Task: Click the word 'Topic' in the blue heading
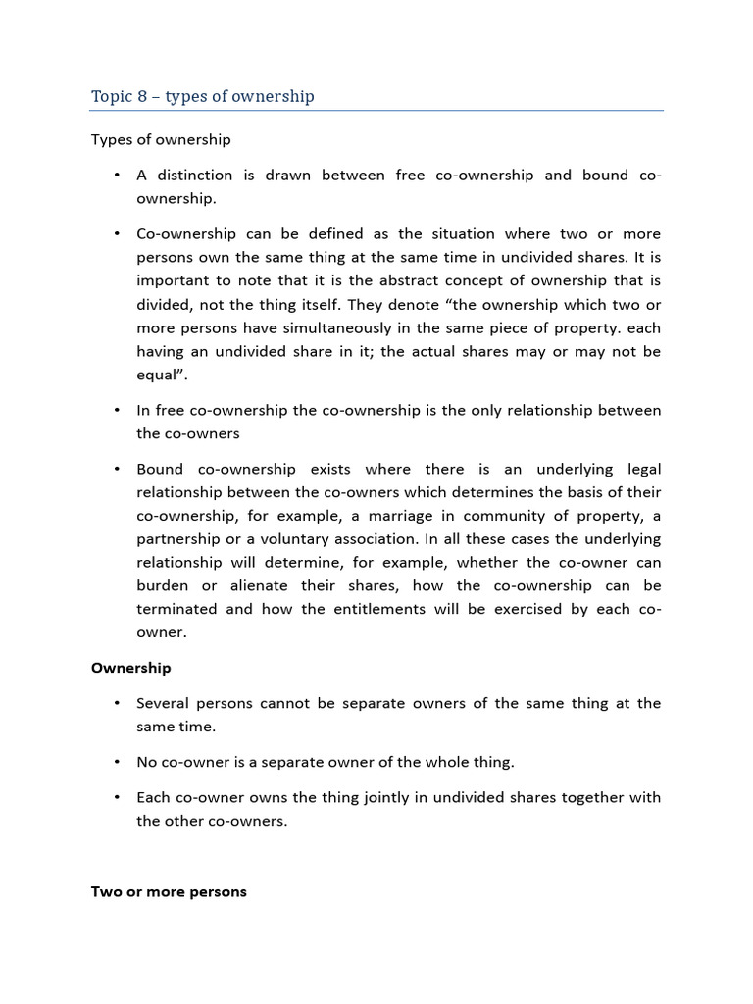pos(110,96)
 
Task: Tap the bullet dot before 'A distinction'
pos(116,176)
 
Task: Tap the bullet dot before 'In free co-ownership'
pos(116,410)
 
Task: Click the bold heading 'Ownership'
pos(130,668)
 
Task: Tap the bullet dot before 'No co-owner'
pos(116,762)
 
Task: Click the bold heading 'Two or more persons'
pos(169,892)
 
